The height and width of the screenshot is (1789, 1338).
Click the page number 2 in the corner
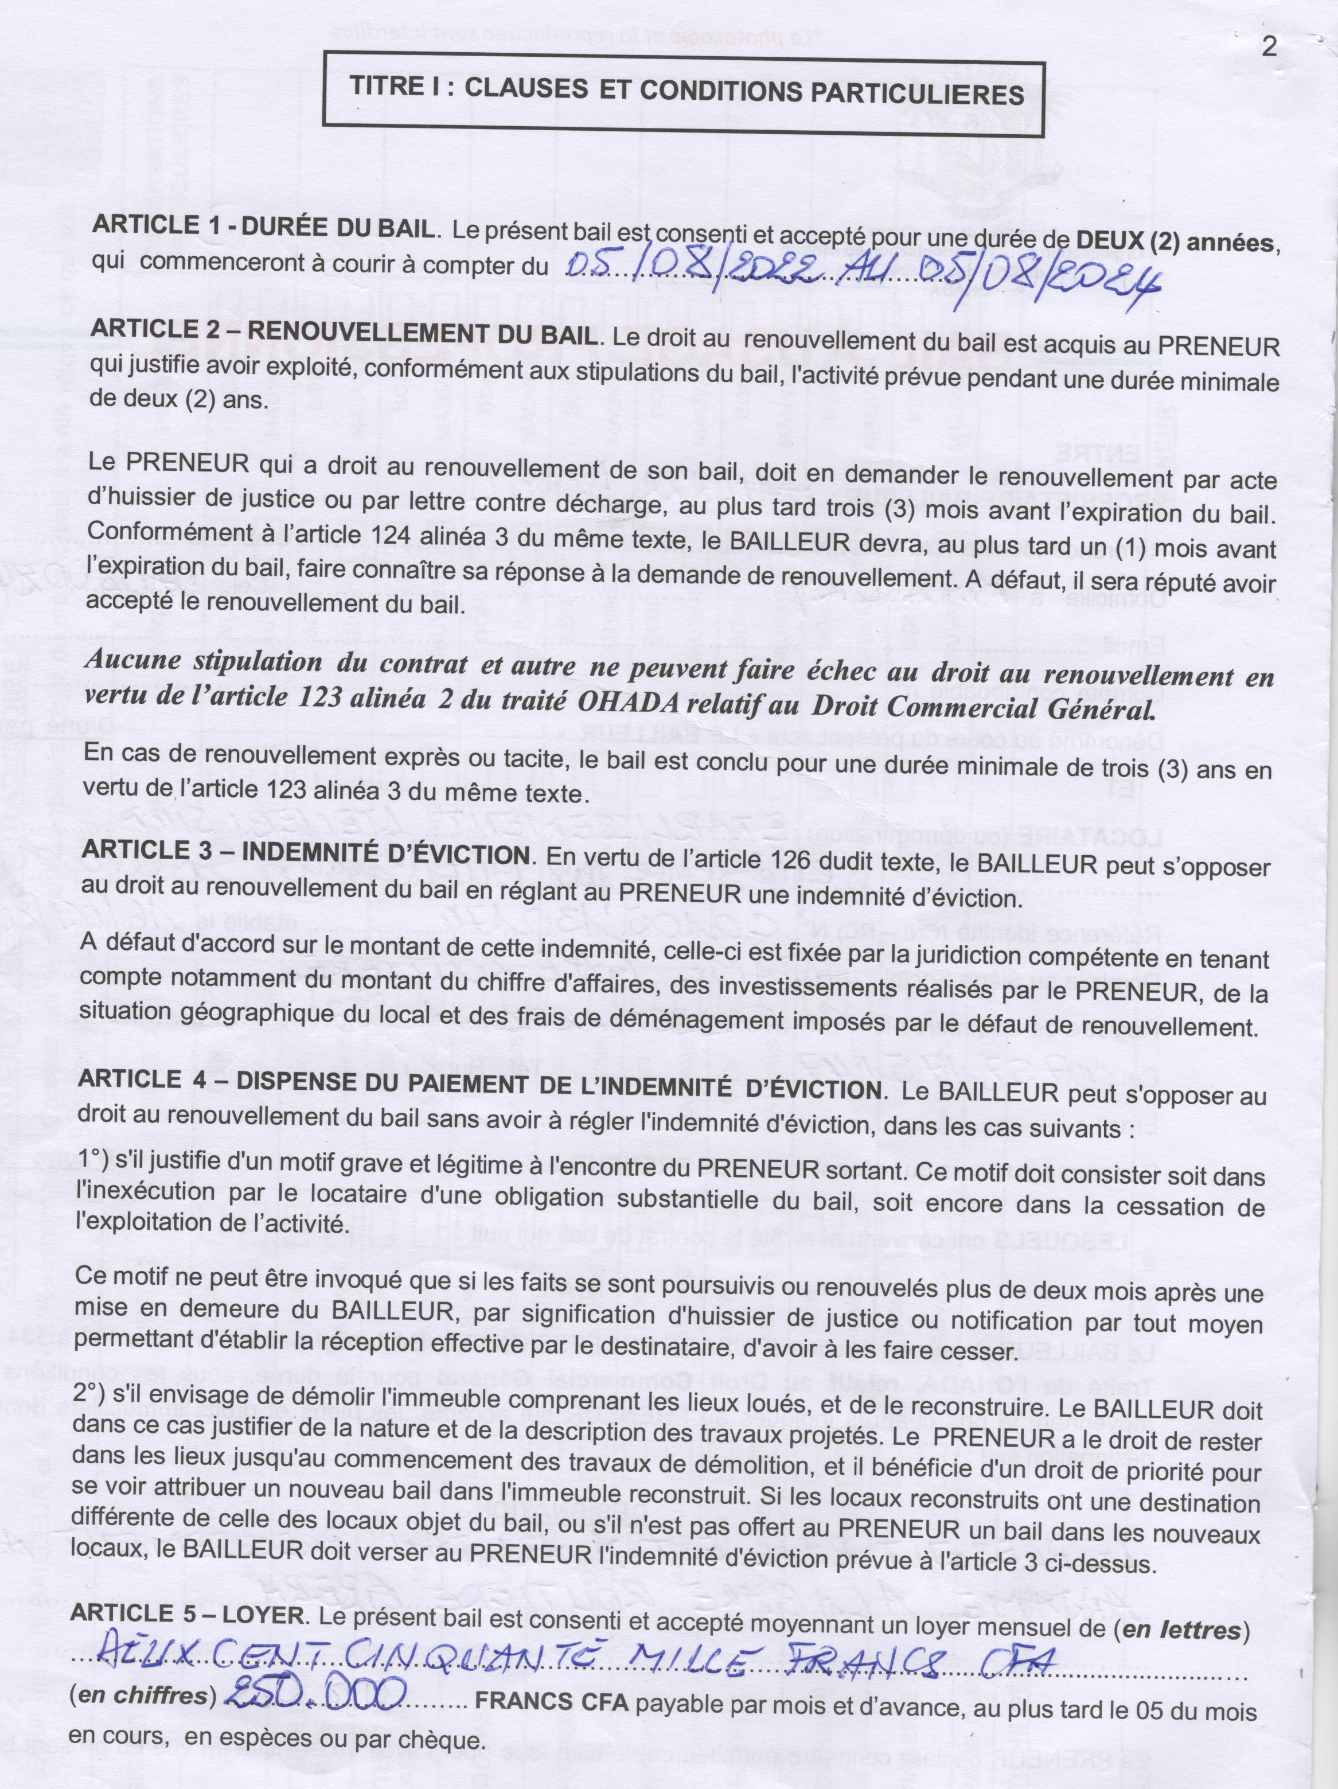click(x=1269, y=47)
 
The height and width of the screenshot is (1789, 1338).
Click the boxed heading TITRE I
click(x=686, y=91)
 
